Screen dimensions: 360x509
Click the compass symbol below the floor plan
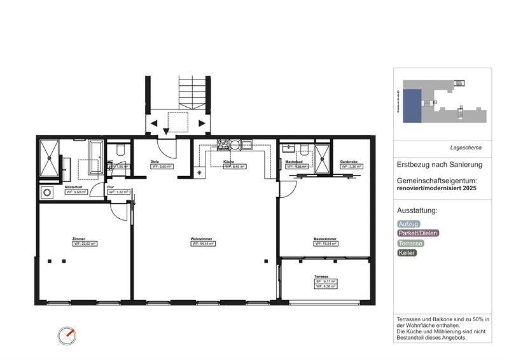67,335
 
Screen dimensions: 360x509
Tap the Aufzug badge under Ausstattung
408,224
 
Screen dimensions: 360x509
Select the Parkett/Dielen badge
417,233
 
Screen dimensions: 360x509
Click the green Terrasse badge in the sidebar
410,243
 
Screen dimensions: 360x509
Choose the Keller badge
407,253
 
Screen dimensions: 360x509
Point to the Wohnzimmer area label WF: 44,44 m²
203,244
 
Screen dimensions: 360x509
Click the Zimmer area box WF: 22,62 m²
84,244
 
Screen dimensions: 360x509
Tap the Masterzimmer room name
324,239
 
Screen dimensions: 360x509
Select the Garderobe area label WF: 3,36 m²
351,167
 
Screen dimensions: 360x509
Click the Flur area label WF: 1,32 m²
119,191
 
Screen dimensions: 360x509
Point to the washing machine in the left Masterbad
46,192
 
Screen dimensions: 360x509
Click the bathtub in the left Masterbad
95,157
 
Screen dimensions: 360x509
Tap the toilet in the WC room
120,152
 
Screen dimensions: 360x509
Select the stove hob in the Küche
224,144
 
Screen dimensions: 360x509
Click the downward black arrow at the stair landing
166,131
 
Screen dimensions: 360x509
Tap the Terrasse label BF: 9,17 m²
325,281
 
